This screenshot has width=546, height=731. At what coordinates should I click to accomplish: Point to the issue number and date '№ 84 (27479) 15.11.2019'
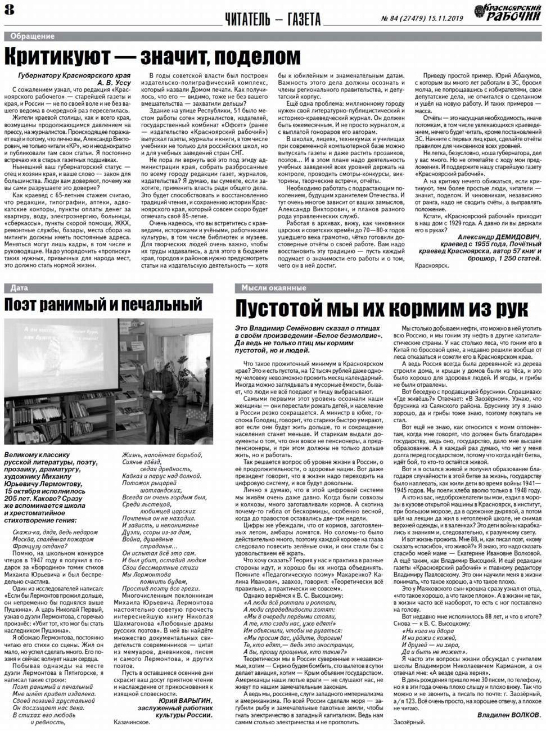422,19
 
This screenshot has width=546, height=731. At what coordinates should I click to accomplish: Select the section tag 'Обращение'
32,37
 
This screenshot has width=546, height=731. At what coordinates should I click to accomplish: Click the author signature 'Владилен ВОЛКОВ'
509,715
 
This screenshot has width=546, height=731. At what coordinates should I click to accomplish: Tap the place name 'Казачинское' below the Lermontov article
132,722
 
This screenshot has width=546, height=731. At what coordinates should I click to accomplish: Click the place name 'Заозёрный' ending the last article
409,723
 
